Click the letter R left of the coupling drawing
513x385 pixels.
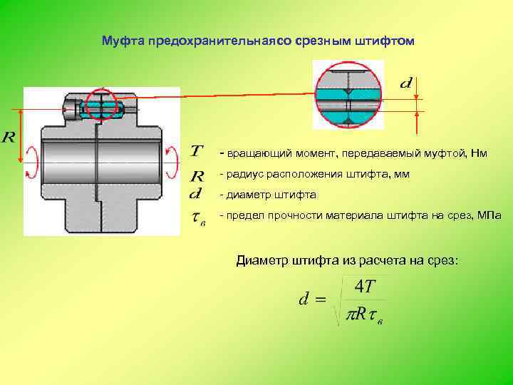click(9, 137)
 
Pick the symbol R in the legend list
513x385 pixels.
click(197, 176)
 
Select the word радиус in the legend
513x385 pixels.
click(242, 175)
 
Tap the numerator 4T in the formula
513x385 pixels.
click(365, 286)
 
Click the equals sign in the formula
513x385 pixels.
click(320, 300)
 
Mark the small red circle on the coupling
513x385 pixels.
click(103, 107)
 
